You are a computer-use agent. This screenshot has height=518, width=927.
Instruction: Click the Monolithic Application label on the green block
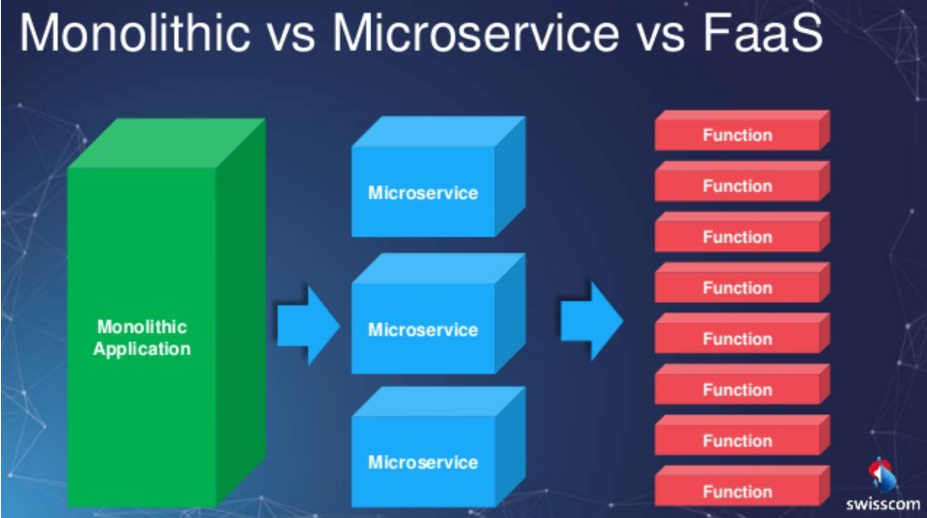click(x=142, y=338)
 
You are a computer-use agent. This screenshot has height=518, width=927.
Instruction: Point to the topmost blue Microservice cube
click(x=423, y=192)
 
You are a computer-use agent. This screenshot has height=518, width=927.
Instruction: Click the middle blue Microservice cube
click(x=423, y=330)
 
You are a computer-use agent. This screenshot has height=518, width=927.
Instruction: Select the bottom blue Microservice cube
click(x=423, y=462)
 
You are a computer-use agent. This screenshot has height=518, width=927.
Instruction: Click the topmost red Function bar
click(x=738, y=135)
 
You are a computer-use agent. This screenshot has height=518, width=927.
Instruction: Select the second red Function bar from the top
click(x=738, y=186)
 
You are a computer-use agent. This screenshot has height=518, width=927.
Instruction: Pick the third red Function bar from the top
click(x=738, y=237)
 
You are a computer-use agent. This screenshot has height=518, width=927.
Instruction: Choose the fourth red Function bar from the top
click(x=738, y=288)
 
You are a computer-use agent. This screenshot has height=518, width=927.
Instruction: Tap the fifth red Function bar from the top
click(x=738, y=339)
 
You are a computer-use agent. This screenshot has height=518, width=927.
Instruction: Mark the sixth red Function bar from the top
click(x=738, y=390)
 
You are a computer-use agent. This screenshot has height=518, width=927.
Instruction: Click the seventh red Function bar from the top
click(x=738, y=440)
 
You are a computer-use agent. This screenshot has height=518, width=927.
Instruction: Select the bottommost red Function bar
click(x=738, y=491)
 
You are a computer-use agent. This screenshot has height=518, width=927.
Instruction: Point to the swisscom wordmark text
click(x=882, y=504)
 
